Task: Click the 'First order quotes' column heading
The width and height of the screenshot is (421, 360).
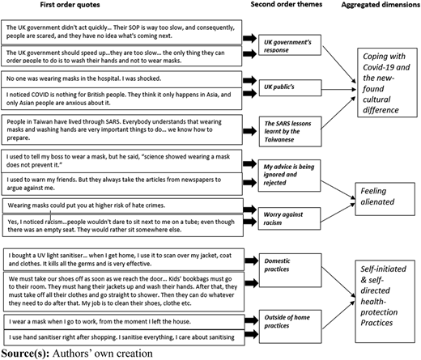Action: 70,5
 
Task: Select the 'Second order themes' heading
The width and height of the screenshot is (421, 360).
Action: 287,4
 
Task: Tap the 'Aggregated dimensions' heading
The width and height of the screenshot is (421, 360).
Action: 381,5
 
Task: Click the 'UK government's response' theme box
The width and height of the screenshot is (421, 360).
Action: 290,45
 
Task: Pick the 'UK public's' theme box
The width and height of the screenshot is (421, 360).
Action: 291,87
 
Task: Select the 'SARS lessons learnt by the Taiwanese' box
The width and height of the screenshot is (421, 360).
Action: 291,132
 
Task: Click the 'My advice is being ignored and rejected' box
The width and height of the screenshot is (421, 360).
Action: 289,176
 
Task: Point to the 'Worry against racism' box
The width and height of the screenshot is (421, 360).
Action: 289,218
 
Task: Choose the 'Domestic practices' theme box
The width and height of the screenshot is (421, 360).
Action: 291,270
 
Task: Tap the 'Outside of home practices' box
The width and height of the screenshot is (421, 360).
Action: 291,327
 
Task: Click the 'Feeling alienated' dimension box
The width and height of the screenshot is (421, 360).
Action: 385,199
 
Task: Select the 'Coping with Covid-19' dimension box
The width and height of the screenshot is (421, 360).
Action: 387,83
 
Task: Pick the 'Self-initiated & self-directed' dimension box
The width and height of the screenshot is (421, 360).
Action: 385,301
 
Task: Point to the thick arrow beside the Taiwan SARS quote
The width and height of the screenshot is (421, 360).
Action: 250,131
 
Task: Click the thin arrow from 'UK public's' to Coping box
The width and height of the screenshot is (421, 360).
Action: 339,89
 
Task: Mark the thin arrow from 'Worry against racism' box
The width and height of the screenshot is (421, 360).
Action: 338,213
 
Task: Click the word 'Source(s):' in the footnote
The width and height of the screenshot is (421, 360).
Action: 25,354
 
